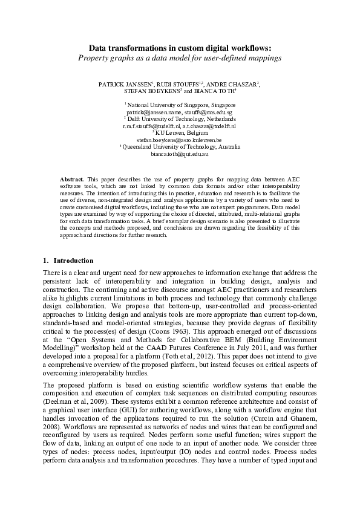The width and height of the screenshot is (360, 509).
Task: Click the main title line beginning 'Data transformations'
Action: [x=180, y=47]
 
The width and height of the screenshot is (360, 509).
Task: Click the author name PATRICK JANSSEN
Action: [x=126, y=85]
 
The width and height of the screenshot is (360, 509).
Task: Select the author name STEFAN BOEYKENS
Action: [x=151, y=92]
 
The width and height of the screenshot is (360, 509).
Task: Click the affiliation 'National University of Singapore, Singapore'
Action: [x=180, y=106]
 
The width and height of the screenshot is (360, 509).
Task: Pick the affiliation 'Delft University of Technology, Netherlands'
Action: [x=180, y=120]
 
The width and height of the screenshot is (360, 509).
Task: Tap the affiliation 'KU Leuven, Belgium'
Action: [x=180, y=133]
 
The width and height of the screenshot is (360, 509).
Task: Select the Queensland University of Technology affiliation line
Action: [x=180, y=147]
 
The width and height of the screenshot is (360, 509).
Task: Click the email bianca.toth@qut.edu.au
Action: [x=180, y=155]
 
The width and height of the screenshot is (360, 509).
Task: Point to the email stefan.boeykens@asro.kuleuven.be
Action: [x=179, y=140]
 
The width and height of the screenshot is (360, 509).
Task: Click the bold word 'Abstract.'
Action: [x=73, y=180]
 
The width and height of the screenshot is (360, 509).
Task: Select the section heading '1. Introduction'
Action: [x=68, y=261]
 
